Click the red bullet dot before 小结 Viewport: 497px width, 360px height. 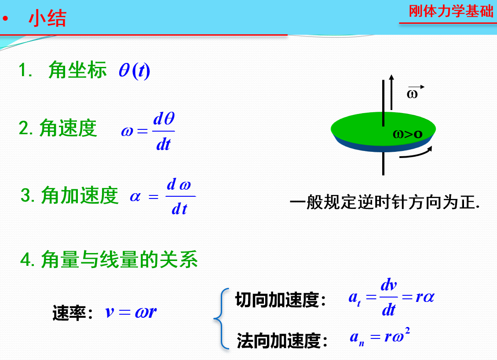tap(5, 18)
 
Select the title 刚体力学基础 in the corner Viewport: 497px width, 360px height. tap(451, 11)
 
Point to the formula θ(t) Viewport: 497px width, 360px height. tap(135, 70)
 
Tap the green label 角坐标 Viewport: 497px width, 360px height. tap(78, 70)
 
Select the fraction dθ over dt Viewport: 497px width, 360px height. tap(164, 131)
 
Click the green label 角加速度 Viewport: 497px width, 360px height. tap(80, 195)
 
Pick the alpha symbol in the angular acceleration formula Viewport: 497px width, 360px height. tap(135, 197)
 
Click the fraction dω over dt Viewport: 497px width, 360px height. tap(180, 197)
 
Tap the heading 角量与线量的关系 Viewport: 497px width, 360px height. tap(119, 260)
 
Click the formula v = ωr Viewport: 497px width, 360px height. tap(131, 312)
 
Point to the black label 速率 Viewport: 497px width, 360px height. tap(69, 313)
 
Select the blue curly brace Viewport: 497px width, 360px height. tap(221, 319)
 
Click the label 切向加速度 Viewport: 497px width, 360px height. tap(277, 300)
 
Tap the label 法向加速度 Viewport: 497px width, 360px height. tap(278, 341)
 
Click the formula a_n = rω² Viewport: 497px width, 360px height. tap(380, 337)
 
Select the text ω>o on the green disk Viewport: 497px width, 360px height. tap(408, 134)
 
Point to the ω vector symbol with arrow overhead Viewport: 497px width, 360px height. tap(413, 92)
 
